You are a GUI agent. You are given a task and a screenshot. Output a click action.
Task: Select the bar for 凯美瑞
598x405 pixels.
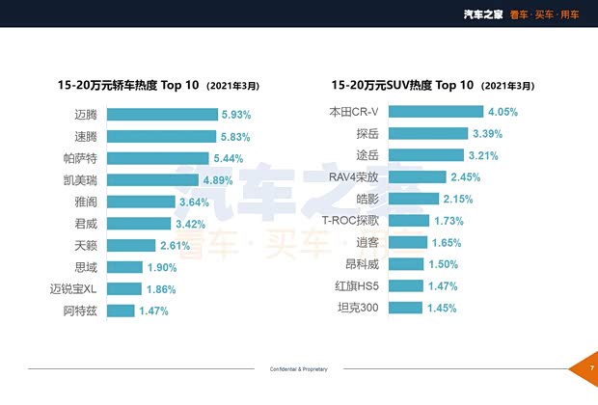click(x=153, y=179)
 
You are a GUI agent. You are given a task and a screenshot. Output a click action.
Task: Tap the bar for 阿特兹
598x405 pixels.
click(x=121, y=310)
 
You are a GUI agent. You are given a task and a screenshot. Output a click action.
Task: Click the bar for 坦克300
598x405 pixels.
click(x=406, y=308)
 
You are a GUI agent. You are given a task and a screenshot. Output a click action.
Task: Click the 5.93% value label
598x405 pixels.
click(x=236, y=114)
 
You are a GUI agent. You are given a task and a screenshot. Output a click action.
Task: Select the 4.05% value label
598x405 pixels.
click(x=503, y=112)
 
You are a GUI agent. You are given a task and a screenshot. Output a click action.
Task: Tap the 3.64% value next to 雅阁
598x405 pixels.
click(x=194, y=202)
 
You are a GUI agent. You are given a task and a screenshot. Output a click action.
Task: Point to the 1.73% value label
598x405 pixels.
click(x=450, y=221)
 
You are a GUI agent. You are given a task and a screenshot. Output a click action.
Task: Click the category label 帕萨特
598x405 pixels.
click(x=81, y=158)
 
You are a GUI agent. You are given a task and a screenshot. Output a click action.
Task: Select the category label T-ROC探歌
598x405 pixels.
click(x=350, y=221)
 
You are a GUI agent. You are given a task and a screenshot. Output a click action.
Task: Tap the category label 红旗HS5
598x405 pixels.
click(x=355, y=286)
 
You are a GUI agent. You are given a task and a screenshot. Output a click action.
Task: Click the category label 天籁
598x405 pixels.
click(x=86, y=245)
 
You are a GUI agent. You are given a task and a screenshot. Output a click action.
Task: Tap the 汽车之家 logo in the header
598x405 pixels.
click(x=483, y=13)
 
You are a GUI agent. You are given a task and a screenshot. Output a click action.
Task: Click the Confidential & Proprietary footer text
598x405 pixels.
click(x=298, y=369)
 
